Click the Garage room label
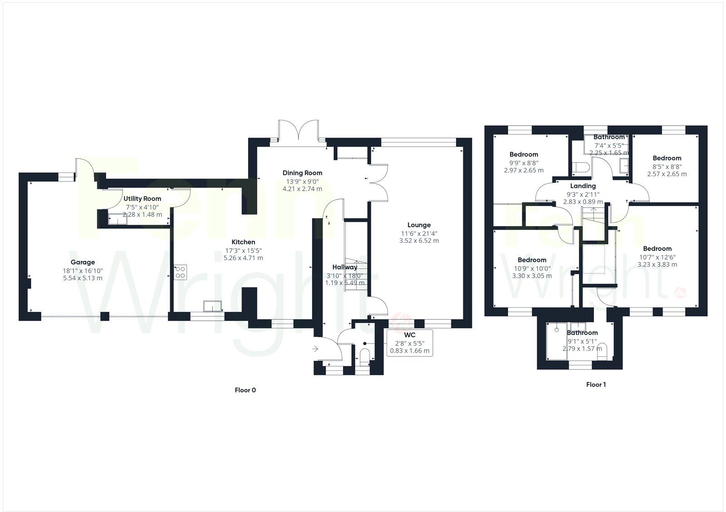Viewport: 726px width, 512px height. click(83, 262)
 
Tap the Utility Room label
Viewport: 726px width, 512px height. click(142, 199)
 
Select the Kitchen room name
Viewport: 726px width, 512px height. click(244, 242)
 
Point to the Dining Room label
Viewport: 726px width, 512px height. click(302, 172)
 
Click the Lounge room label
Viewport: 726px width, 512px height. click(419, 225)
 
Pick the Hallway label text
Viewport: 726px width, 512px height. click(345, 267)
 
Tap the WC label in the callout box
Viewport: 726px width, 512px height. click(410, 335)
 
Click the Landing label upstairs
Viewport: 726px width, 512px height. click(583, 186)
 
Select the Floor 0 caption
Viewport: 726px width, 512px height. click(245, 390)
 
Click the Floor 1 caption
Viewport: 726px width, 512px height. click(596, 384)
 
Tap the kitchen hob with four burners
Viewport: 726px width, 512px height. click(180, 271)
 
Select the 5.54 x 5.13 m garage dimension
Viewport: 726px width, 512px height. click(83, 278)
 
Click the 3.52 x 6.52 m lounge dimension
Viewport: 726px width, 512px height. click(419, 241)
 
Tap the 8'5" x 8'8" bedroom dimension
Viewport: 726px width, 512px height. click(667, 166)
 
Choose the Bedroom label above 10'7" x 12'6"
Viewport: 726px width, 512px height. click(657, 248)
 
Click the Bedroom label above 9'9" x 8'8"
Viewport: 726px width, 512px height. click(524, 154)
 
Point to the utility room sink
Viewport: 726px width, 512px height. click(117, 221)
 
